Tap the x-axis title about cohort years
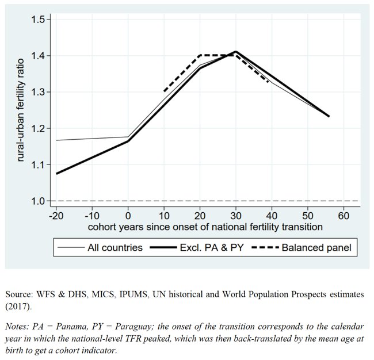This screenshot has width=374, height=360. click(x=205, y=227)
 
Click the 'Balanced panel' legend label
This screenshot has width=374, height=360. click(x=316, y=248)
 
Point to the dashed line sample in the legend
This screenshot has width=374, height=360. click(x=265, y=248)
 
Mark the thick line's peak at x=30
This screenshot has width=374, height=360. click(x=235, y=52)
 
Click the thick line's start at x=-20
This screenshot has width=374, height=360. click(x=56, y=174)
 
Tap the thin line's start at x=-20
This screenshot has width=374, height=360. click(x=56, y=140)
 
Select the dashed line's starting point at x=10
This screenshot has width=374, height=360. click(x=164, y=91)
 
